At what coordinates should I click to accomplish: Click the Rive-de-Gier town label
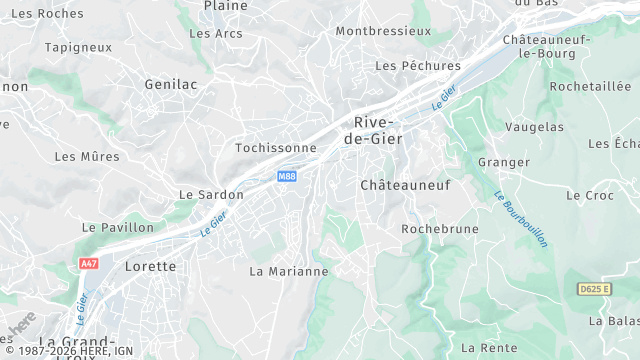[x=379, y=130]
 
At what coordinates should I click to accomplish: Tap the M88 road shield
[x=287, y=177]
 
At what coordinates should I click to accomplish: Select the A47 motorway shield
[x=89, y=263]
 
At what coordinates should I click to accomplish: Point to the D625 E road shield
[x=593, y=289]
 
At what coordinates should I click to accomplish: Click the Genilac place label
[x=170, y=85]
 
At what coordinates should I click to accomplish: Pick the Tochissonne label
[x=275, y=148]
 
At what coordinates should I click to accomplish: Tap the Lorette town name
[x=150, y=267]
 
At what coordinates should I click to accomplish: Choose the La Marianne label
[x=288, y=271]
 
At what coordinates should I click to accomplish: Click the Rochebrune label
[x=434, y=229]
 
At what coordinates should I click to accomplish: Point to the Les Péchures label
[x=417, y=66]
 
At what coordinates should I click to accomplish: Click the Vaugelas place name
[x=534, y=127]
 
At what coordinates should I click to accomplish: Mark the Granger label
[x=503, y=162]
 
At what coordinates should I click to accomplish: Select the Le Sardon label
[x=211, y=195]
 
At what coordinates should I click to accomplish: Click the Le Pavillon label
[x=119, y=228]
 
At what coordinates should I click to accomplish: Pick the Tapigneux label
[x=78, y=47]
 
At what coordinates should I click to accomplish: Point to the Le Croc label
[x=590, y=196]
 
